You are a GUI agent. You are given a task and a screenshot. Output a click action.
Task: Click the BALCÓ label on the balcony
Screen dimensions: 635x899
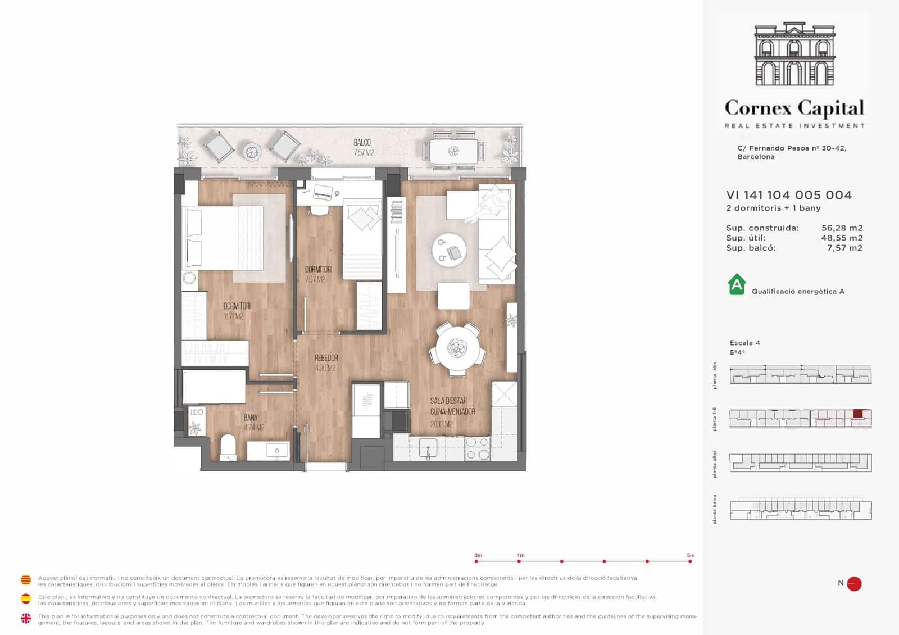coord(362,143)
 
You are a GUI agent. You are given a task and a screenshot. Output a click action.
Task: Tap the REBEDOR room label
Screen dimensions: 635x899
coord(326,358)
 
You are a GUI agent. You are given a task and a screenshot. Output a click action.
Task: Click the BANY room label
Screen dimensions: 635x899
coord(251,418)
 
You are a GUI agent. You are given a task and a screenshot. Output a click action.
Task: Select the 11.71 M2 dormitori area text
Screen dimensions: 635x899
coord(234,316)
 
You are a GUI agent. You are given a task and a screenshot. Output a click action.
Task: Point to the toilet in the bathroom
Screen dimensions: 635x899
coord(228,447)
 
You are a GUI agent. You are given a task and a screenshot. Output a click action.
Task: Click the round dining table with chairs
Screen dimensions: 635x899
coord(457,348)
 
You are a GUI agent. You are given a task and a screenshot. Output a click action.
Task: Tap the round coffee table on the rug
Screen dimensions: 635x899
coord(449,250)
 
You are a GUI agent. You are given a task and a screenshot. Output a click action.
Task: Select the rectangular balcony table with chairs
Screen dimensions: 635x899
coord(453,151)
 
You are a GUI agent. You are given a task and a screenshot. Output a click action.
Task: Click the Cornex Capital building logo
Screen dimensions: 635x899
coord(794,55)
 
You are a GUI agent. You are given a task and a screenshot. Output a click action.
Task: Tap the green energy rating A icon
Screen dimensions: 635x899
coord(737,284)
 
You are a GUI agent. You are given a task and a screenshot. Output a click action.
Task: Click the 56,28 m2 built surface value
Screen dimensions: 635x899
coord(841,228)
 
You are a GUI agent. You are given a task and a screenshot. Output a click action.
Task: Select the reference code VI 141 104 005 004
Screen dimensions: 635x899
coord(789,195)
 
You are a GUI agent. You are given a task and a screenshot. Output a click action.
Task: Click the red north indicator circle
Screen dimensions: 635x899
coord(854,584)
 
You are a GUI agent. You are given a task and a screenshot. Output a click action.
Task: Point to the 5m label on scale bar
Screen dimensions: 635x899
coord(691,555)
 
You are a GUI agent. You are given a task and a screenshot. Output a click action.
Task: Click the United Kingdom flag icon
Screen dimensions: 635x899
coord(26,619)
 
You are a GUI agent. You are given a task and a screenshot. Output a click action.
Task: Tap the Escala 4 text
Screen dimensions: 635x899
coord(744,343)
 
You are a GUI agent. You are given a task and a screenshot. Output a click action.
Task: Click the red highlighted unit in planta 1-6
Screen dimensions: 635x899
coord(857,414)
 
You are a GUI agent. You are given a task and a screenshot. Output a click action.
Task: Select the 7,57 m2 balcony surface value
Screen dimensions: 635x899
coord(844,248)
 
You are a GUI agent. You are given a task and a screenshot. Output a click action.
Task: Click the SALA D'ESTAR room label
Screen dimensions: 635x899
coord(448,401)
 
